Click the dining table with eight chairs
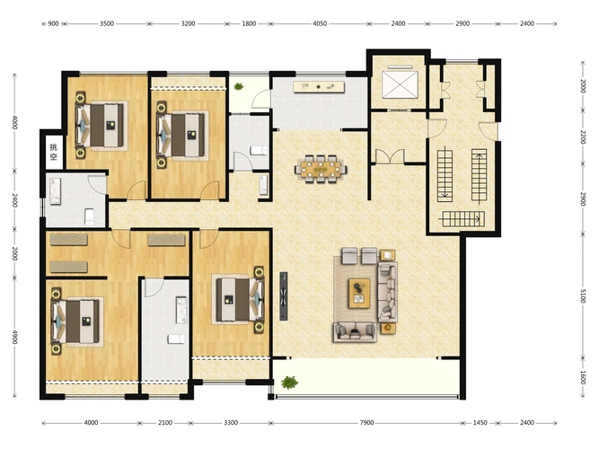click(x=321, y=169)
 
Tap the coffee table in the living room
click(x=359, y=293)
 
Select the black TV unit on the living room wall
click(x=283, y=296)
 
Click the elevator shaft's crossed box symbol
click(x=400, y=84)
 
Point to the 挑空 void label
click(x=54, y=152)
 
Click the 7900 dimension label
click(x=366, y=423)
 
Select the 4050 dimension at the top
click(x=320, y=23)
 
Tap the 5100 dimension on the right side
click(x=583, y=295)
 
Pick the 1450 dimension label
click(x=480, y=423)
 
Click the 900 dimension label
click(x=54, y=23)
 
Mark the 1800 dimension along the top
click(x=249, y=23)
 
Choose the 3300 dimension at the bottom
click(x=231, y=423)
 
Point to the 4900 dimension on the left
click(x=14, y=337)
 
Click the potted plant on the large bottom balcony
click(x=289, y=383)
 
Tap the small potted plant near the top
click(x=239, y=86)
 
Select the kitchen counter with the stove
click(x=319, y=87)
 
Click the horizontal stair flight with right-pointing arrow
click(x=463, y=219)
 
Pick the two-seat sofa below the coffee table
click(x=355, y=331)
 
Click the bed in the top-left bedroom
click(x=100, y=126)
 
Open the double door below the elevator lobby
click(x=390, y=156)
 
